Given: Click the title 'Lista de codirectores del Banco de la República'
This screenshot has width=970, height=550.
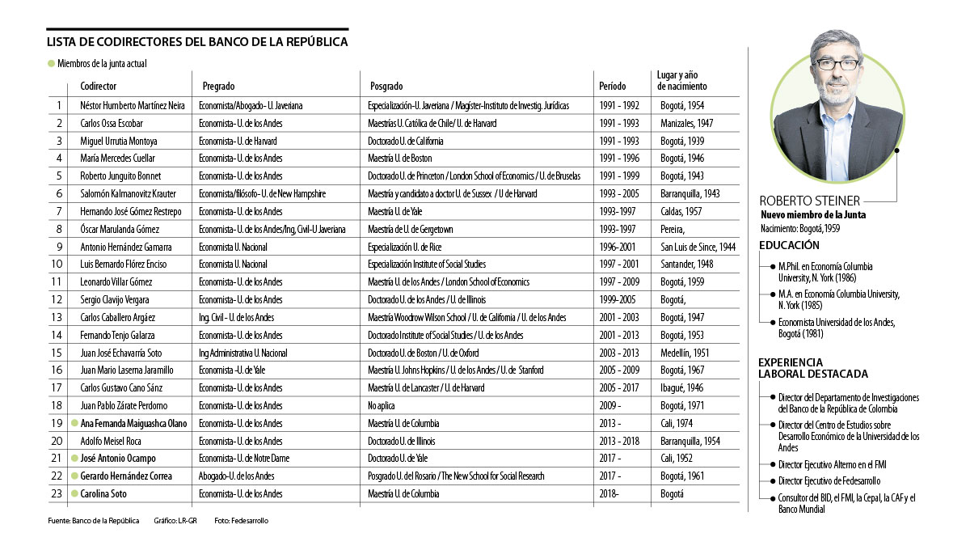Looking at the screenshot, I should coord(197,43).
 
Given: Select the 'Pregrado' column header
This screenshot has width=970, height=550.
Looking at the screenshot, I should coord(219,86).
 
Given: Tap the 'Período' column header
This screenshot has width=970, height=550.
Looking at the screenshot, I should coord(612,86).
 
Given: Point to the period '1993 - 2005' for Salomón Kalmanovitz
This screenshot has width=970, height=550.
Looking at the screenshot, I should coord(619,194).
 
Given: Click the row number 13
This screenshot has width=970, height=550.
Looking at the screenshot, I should coord(57,318).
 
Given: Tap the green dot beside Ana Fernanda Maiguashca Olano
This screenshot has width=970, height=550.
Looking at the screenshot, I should coord(74,423).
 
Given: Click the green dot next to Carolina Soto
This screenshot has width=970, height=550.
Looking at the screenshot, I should coord(74,493).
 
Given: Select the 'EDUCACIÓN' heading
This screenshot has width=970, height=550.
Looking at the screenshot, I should coord(789,245).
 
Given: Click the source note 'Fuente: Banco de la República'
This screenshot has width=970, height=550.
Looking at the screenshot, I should coord(93,521).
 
